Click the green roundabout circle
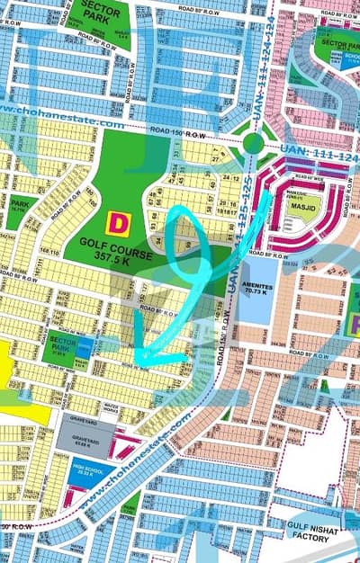click(254, 143)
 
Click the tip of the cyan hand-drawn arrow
click(137, 361)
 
